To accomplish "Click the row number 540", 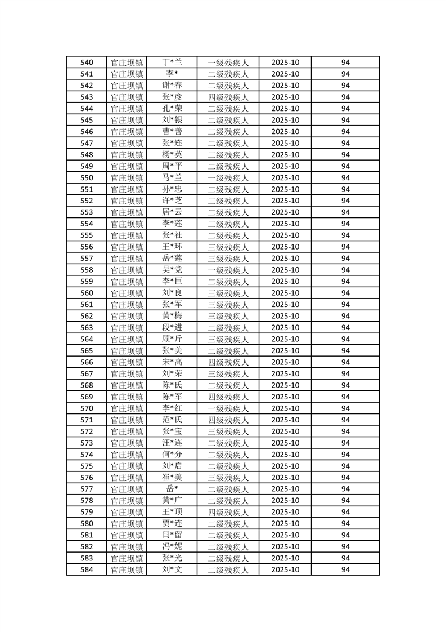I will tap(87, 63).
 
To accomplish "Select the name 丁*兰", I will tap(172, 63).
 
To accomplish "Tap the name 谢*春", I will tap(172, 86).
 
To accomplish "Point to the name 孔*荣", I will tap(172, 109).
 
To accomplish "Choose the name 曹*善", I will tap(172, 132).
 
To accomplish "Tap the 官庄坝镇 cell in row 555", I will tap(127, 235).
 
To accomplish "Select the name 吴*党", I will tap(172, 270).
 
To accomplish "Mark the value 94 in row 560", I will tap(345, 293).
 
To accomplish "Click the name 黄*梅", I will tap(172, 316).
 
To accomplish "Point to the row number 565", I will tap(87, 350).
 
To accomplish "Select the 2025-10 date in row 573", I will tap(285, 443).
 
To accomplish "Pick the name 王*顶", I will tap(172, 512).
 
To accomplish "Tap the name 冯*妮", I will tap(172, 546).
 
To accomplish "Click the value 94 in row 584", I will tap(345, 569).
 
